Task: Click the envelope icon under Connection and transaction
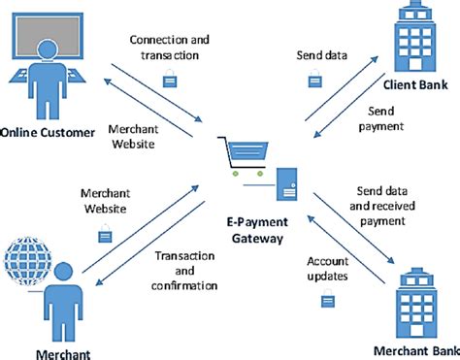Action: click(x=169, y=82)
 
